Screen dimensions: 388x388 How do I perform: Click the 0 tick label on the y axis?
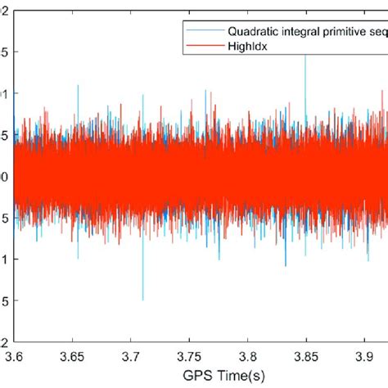[x=5, y=176]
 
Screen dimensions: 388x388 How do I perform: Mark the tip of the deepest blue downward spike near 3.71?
[x=143, y=300]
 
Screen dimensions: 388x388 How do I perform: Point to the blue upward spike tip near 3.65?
[x=78, y=85]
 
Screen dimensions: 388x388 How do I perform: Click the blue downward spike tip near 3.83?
[x=285, y=266]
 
